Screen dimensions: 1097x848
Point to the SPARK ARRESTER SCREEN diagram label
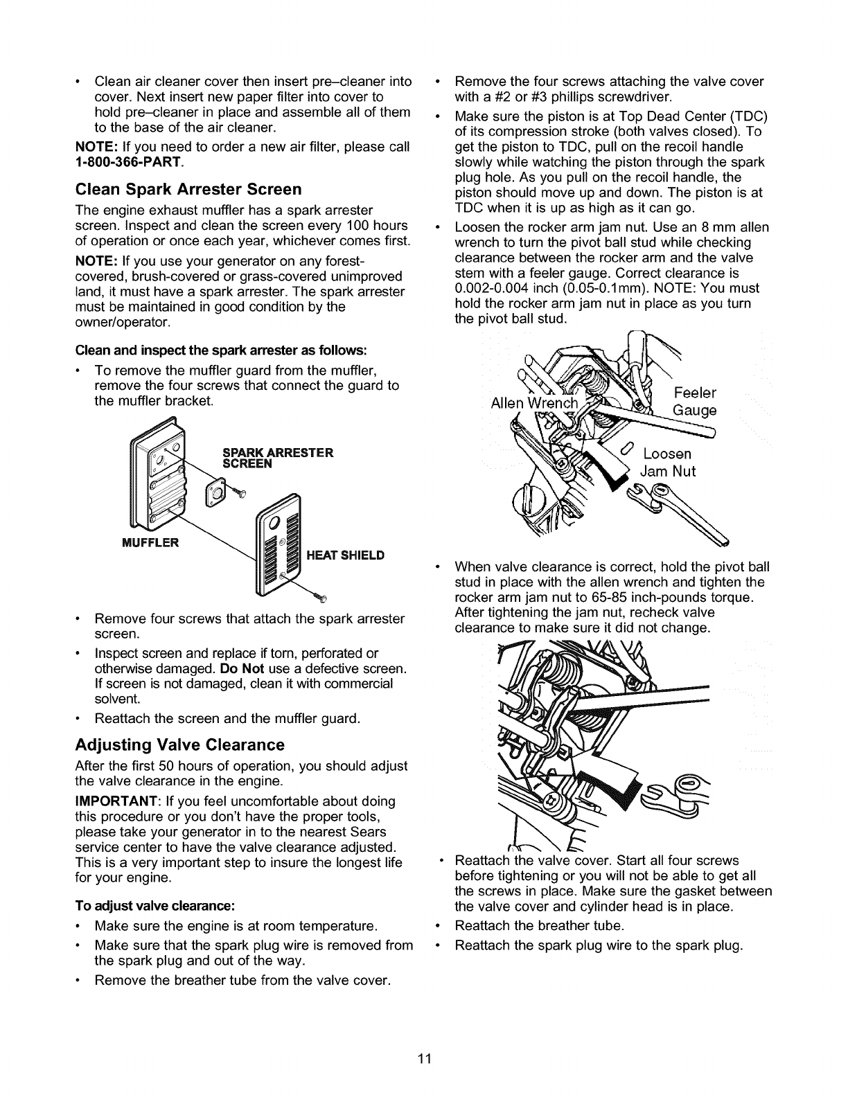click(278, 458)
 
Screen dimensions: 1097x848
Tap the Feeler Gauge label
click(695, 402)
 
